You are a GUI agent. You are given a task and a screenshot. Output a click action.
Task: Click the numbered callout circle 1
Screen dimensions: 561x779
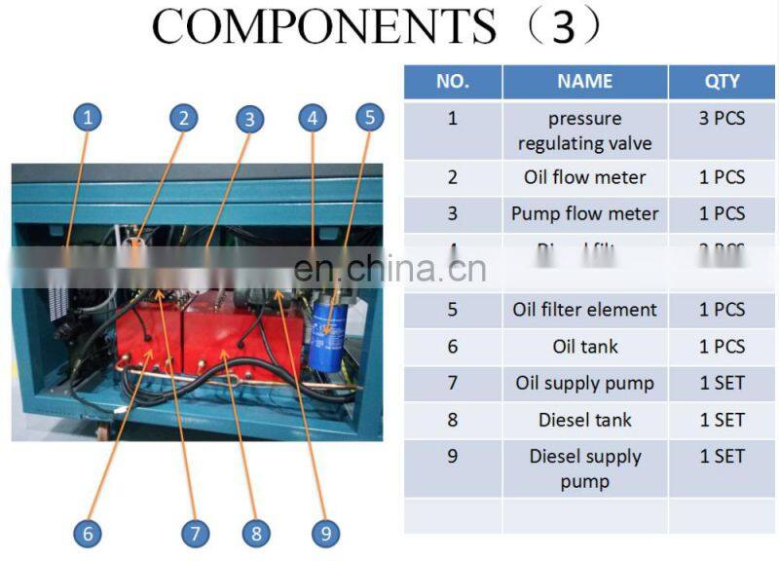coord(88,119)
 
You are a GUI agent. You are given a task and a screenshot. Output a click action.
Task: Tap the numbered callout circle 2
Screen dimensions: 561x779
coord(182,119)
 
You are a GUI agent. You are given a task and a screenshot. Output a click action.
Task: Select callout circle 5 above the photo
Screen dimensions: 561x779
coord(369,118)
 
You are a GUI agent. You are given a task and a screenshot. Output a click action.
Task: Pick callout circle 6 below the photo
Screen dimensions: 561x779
coord(88,533)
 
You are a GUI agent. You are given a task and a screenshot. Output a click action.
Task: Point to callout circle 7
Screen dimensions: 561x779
coord(195,533)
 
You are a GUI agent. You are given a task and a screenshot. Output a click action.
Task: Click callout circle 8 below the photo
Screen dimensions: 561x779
coord(256,533)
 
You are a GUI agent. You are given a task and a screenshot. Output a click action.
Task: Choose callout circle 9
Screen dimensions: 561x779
coord(325,533)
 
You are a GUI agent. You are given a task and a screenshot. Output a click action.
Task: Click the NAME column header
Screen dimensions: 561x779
coord(584,82)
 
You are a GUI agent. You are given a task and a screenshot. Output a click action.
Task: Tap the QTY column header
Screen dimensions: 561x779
coord(722,82)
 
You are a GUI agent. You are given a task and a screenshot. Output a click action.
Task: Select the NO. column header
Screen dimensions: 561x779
coord(452,82)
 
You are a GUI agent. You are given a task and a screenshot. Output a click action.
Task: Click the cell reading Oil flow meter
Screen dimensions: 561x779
coord(584,177)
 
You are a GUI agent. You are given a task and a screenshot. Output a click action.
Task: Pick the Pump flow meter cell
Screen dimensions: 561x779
coord(584,213)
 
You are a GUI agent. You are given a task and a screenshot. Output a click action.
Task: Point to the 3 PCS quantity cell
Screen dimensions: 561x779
coord(722,119)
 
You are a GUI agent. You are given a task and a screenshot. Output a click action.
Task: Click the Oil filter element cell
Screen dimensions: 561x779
coord(584,310)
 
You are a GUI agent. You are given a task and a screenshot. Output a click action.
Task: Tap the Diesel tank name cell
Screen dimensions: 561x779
coord(584,420)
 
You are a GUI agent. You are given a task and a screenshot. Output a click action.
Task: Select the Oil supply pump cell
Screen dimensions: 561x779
coord(584,383)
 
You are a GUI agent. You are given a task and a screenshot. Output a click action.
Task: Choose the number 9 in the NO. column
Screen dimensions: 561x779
coord(452,456)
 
